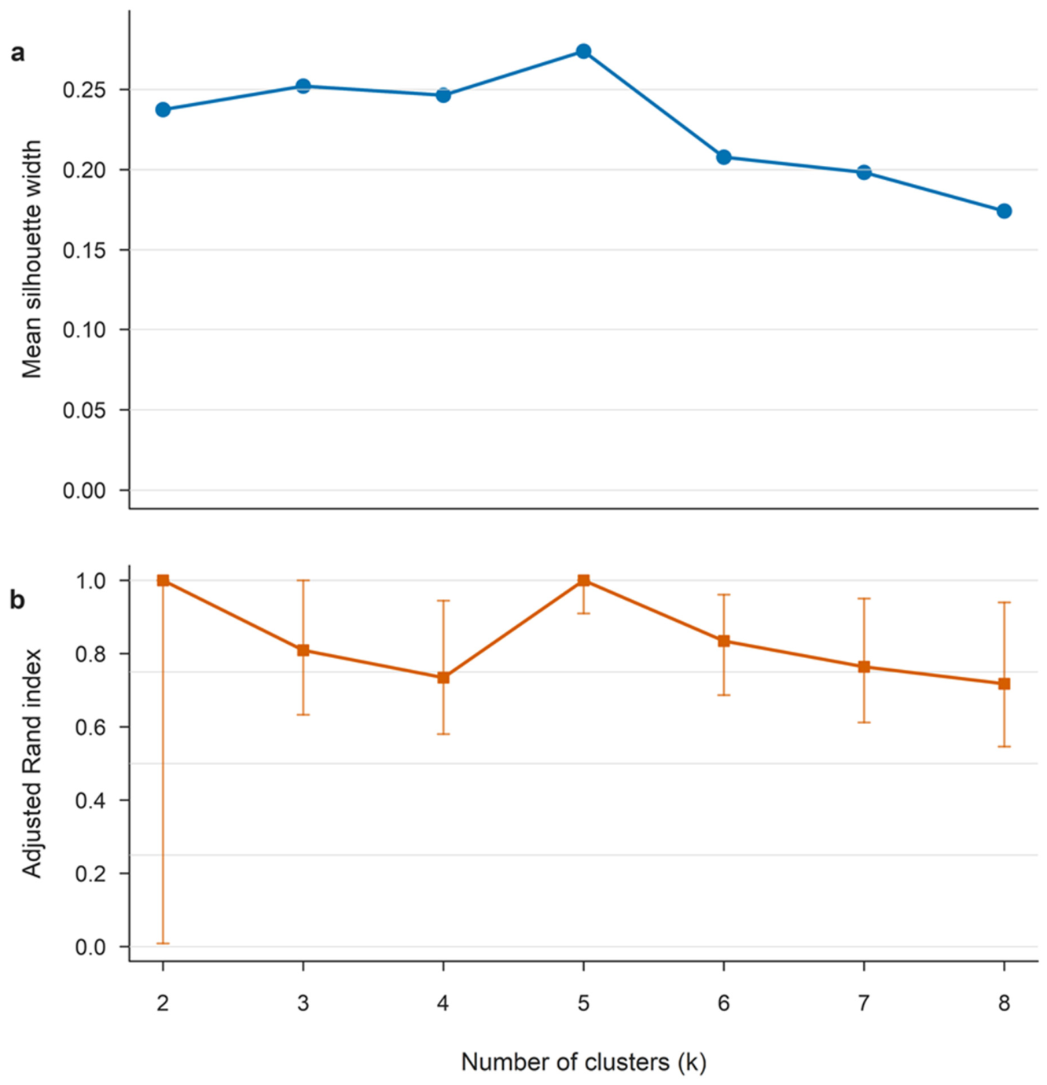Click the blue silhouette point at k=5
(583, 51)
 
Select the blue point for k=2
(163, 109)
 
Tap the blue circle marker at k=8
(1004, 211)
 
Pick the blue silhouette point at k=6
(723, 157)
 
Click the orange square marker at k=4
(443, 678)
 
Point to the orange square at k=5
(583, 580)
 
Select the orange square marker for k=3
(303, 650)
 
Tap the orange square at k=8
(1004, 683)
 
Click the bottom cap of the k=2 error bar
(163, 943)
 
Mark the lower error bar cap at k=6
(723, 695)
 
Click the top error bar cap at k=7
(864, 598)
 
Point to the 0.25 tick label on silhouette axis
(84, 90)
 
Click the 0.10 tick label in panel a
(84, 330)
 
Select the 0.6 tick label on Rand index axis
(90, 727)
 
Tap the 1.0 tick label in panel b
(90, 581)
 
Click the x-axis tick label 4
(443, 1003)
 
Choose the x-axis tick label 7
(864, 1003)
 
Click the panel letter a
(18, 53)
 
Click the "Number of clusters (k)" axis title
(583, 1061)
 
